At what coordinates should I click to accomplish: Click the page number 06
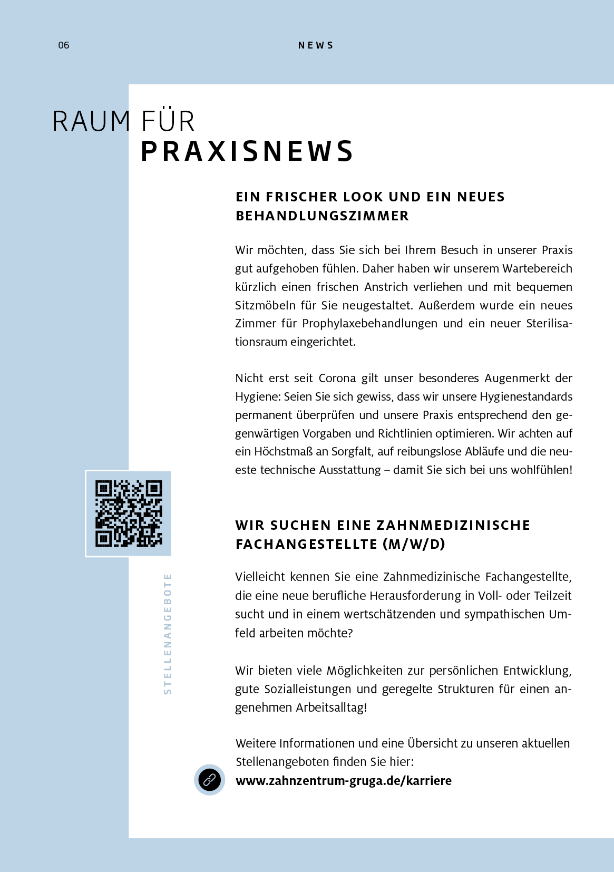pyautogui.click(x=64, y=45)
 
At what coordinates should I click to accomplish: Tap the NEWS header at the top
pyautogui.click(x=316, y=45)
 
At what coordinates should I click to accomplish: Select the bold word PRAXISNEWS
pyautogui.click(x=247, y=151)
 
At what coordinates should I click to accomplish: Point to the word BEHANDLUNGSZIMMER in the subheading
pyautogui.click(x=322, y=216)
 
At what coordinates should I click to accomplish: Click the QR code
pyautogui.click(x=129, y=513)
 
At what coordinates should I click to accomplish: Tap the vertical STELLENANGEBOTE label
pyautogui.click(x=168, y=634)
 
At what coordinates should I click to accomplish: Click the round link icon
pyautogui.click(x=209, y=780)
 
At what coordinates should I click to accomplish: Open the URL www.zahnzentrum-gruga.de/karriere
pyautogui.click(x=344, y=781)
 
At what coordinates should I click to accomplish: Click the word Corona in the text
pyautogui.click(x=337, y=379)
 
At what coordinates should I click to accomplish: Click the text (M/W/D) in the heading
pyautogui.click(x=414, y=544)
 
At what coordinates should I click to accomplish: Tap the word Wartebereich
pyautogui.click(x=537, y=268)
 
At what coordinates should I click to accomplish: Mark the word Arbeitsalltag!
pyautogui.click(x=331, y=708)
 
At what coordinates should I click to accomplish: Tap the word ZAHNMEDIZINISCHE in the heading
pyautogui.click(x=453, y=525)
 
